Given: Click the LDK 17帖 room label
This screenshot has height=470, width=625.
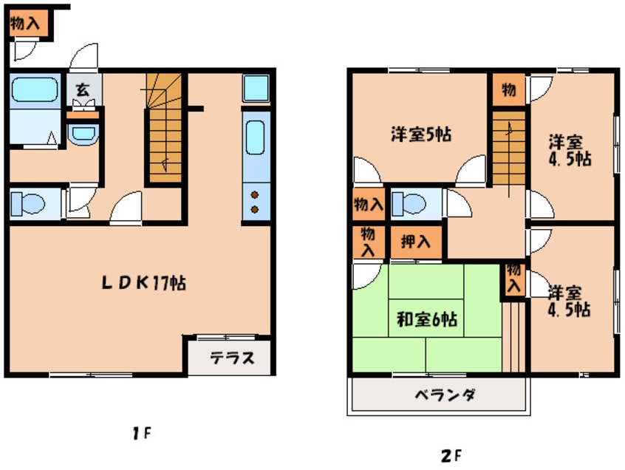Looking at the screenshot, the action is point(143,282).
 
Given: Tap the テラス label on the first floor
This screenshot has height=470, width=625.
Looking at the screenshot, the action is point(233,358).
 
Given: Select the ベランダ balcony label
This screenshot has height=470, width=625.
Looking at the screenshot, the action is point(445,395).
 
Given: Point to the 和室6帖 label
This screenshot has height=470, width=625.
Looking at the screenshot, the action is point(427,319).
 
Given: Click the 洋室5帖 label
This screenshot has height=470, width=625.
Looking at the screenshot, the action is point(421,134).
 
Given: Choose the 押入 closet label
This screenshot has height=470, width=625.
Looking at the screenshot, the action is point(416,242).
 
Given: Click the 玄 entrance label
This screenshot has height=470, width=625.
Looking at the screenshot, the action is point(83,89).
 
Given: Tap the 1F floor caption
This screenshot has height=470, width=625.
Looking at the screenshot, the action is point(143,433).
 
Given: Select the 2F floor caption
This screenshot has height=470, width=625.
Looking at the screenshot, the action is point(451,456).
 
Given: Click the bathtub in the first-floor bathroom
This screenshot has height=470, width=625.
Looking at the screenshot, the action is point(35,89).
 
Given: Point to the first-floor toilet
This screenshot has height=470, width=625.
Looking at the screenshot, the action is point(27,204).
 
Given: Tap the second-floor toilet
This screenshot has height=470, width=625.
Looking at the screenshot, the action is point(409,204).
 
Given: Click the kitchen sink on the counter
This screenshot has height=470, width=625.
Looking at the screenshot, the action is point(255,137).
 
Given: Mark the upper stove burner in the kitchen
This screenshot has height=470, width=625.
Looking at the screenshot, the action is point(255,195).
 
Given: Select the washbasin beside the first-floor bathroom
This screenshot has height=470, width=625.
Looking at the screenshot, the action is point(83,134).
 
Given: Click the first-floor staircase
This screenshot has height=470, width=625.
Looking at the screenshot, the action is point(163,129).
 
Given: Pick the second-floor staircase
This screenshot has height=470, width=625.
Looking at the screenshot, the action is point(509,149).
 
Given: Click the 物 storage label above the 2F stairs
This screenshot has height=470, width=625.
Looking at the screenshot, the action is point(508,89).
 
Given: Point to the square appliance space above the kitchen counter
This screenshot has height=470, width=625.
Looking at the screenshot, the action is point(256,88).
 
